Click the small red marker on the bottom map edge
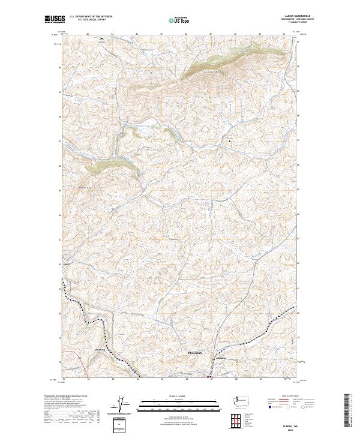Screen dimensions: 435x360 click(208, 377)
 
